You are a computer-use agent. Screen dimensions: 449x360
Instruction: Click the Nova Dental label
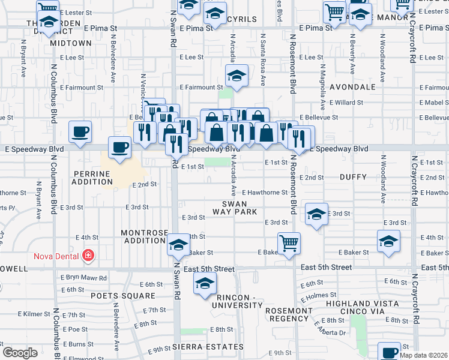click(57, 256)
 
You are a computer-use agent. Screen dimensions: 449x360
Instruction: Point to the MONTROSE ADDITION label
click(144, 236)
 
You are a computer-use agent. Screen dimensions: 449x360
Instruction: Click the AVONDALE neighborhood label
click(352, 87)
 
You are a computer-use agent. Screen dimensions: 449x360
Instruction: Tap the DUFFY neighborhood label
click(352, 178)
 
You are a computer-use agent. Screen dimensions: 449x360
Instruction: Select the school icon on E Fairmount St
click(237, 76)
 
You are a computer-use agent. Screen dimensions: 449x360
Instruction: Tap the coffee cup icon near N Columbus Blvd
click(79, 131)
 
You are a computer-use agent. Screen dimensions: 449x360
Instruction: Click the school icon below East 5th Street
click(204, 283)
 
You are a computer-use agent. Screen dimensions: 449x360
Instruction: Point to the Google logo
click(20, 353)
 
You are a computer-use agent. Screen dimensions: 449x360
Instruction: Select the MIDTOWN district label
click(71, 44)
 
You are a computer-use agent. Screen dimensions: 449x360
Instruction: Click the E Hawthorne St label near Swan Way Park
click(265, 193)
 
